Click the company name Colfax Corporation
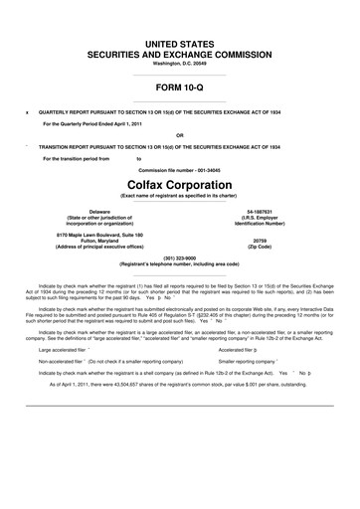179,185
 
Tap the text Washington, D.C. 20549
179,64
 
